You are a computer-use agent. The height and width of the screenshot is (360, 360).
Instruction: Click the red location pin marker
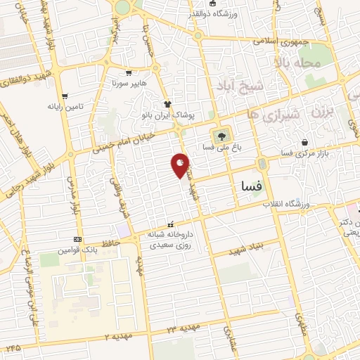180,165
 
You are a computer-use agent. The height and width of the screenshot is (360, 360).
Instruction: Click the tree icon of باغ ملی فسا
222,136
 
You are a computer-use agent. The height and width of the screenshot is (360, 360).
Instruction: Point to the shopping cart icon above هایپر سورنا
128,72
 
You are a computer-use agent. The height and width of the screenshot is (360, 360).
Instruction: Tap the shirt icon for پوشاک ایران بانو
167,103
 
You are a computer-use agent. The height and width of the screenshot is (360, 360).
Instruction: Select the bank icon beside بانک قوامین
77,239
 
